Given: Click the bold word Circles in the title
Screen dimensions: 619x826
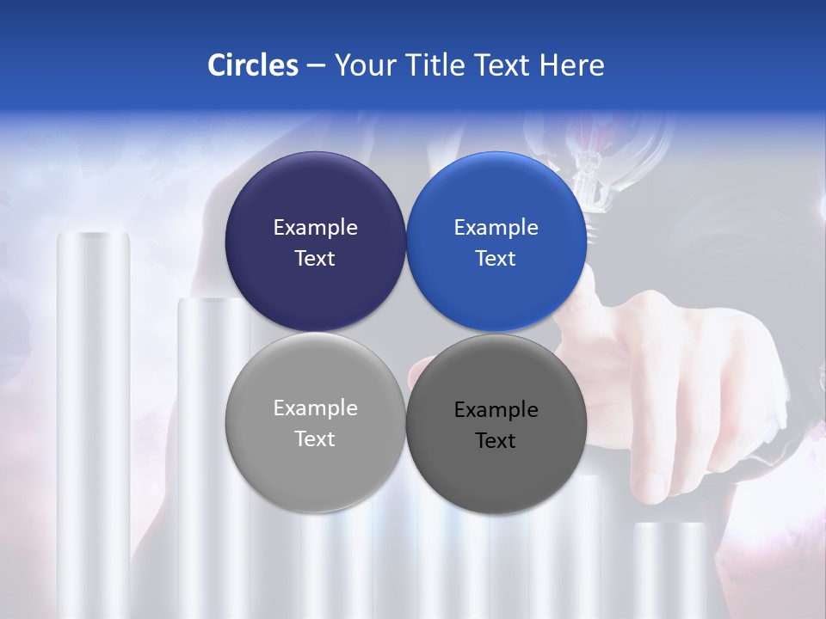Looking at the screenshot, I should (253, 65).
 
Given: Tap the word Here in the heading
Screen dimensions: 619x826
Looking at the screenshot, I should (571, 65).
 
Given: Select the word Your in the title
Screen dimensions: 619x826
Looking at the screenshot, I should (365, 65).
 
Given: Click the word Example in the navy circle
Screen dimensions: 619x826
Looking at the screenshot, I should (315, 228).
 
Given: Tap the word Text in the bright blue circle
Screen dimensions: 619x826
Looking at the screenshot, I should (496, 259).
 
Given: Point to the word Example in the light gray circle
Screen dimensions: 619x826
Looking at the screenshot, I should (315, 408).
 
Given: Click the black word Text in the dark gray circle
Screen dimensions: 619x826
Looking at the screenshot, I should (496, 441).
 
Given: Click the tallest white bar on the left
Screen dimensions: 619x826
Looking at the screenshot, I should (93, 413).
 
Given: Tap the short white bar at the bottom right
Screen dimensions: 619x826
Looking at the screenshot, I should (669, 567).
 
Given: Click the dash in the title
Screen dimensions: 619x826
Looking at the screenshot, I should (316, 65).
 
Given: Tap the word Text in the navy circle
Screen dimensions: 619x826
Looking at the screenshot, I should (315, 259).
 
